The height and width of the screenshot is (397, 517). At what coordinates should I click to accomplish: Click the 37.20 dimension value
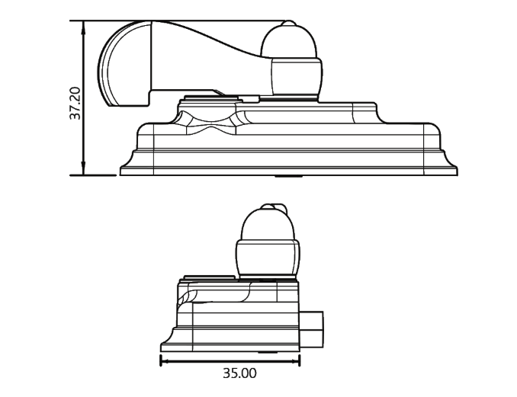(75, 103)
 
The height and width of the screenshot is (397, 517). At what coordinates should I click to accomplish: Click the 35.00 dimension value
(239, 373)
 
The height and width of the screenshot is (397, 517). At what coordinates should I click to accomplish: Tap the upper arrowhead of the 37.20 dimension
(83, 27)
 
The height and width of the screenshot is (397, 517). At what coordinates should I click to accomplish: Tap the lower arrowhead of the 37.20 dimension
(83, 168)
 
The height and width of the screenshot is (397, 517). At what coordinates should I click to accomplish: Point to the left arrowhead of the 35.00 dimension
(165, 361)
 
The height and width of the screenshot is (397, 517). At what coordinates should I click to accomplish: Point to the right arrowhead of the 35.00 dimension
(294, 361)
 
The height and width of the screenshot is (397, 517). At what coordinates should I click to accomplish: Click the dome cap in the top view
(289, 41)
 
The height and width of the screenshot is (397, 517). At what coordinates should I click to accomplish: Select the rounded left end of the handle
(124, 63)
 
